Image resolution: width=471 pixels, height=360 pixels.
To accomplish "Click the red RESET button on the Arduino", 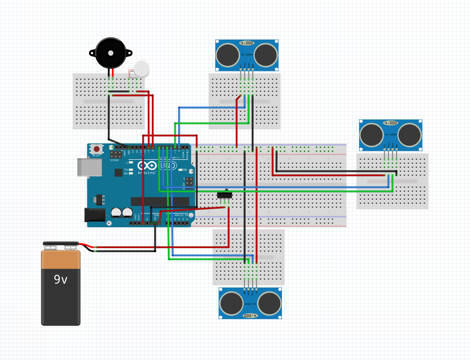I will [x=96, y=149].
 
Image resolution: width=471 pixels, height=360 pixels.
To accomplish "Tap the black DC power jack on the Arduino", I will [x=95, y=215].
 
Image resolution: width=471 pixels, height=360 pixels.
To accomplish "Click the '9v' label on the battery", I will [x=61, y=280].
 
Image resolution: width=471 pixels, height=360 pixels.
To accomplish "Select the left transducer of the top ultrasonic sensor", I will [x=228, y=54].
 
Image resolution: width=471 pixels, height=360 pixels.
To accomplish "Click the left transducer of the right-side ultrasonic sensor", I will [x=372, y=134].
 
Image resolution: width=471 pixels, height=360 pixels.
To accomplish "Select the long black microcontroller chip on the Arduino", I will [x=160, y=202].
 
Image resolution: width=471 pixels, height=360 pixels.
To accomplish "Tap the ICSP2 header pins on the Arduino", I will [x=116, y=154].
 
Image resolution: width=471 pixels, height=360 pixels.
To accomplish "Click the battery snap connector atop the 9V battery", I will [x=61, y=245].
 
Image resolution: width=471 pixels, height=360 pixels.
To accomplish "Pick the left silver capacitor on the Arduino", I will [x=116, y=212].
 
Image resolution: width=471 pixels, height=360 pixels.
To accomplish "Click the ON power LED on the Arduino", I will [x=179, y=170].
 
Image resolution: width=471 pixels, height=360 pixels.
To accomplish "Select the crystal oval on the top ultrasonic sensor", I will [x=247, y=43].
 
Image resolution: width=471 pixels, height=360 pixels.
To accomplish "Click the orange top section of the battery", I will [x=61, y=260].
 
